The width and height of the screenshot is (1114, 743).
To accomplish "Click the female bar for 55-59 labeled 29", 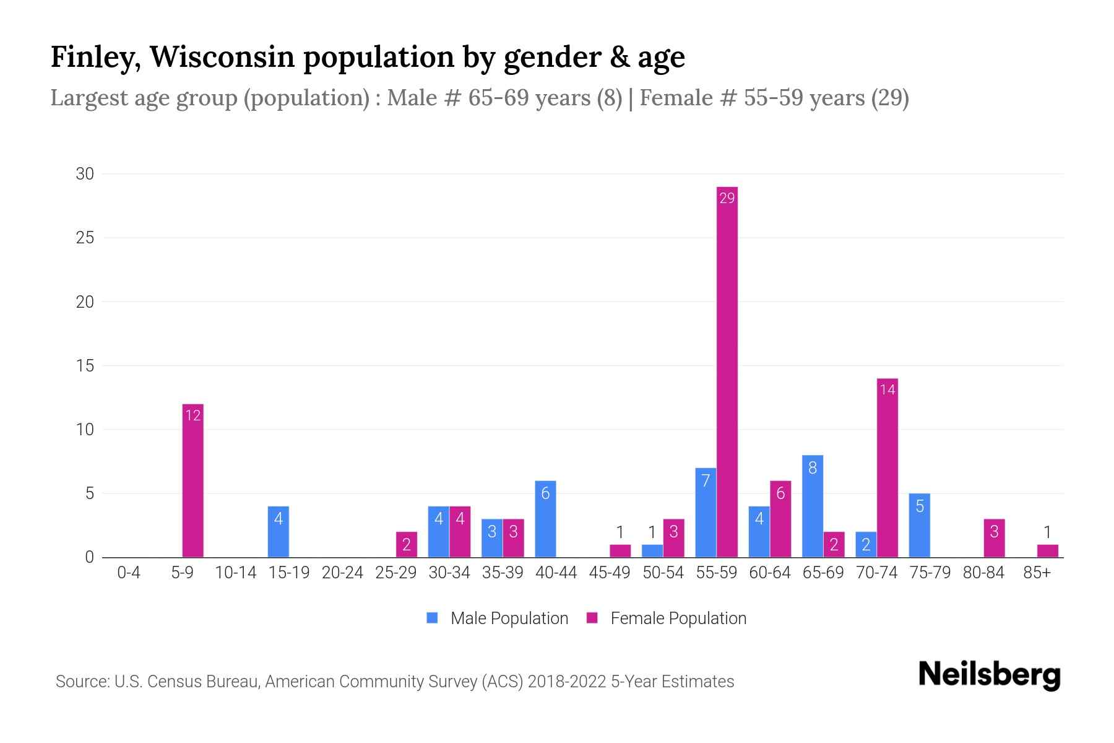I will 727,371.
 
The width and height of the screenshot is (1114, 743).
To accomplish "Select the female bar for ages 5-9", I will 193,480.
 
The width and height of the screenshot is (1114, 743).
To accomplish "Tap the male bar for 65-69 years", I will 813,506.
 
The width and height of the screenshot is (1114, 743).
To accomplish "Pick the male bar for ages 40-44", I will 545,519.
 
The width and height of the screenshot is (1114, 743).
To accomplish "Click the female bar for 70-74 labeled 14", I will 887,468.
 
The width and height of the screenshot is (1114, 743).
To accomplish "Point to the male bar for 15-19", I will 278,532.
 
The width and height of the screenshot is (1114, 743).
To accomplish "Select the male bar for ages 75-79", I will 920,526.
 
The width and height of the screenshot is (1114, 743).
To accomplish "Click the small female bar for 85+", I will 1048,551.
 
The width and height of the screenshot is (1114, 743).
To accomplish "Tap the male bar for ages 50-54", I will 652,551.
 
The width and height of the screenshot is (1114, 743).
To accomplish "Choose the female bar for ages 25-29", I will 407,544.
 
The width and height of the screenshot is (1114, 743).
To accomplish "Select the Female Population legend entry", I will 667,618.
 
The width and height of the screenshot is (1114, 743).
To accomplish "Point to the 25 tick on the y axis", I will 85,238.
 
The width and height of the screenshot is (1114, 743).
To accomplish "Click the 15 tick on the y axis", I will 85,366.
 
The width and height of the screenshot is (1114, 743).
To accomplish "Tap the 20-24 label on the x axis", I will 342,573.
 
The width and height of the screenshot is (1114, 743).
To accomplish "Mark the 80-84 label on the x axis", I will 983,573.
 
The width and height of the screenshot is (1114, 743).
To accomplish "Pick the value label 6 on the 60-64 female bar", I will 780,494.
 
